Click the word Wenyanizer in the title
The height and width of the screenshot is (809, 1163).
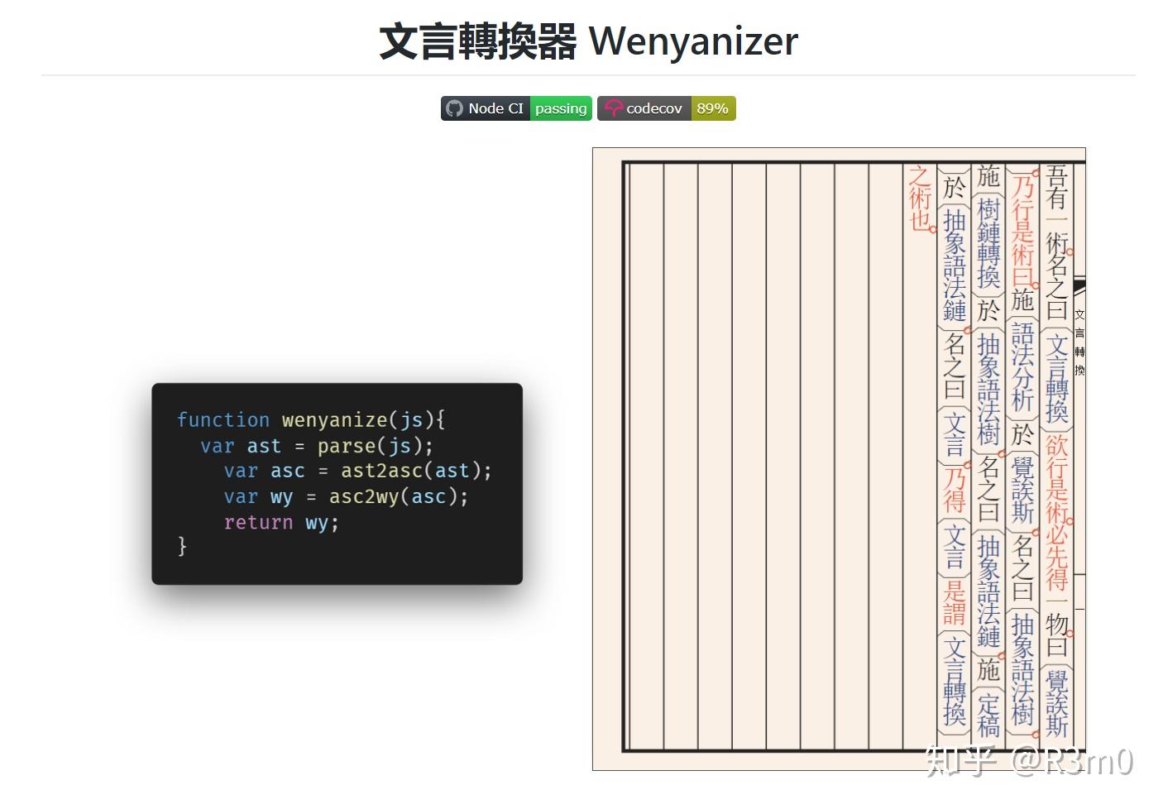click(693, 41)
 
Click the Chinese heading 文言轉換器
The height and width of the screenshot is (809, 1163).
click(477, 41)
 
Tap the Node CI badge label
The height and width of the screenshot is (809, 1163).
click(495, 108)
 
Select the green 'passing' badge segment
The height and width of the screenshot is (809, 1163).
click(560, 108)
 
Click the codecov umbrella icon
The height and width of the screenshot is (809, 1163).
click(613, 108)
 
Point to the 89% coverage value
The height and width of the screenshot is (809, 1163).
click(712, 108)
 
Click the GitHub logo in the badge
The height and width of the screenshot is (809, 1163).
click(454, 108)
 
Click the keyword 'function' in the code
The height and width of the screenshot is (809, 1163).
click(223, 419)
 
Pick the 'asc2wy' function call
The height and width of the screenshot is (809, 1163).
click(364, 496)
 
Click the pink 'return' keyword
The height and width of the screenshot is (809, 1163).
click(258, 522)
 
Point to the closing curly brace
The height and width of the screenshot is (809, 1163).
click(182, 546)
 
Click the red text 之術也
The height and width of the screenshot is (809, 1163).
click(920, 199)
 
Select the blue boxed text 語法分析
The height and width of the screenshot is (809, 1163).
click(1023, 366)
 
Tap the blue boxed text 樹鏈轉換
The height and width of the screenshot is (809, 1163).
click(988, 242)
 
